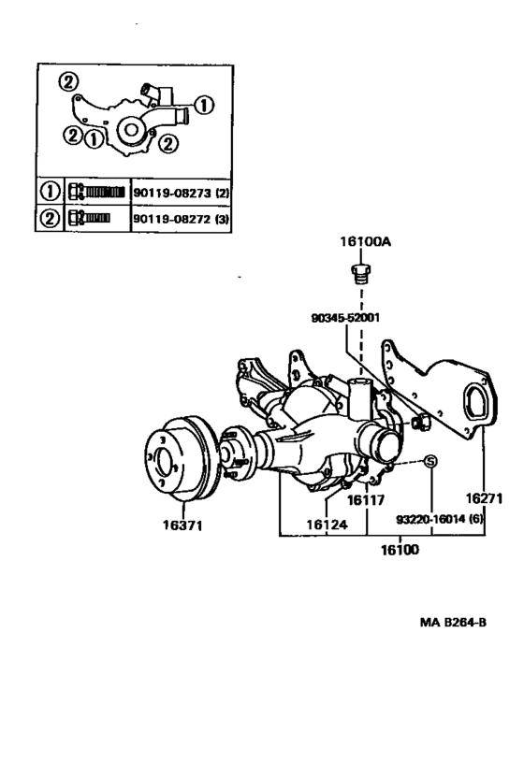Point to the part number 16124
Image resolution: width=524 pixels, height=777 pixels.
coord(327,525)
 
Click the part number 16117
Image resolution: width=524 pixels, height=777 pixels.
coord(367,499)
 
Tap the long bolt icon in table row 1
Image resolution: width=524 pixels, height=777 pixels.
coord(96,192)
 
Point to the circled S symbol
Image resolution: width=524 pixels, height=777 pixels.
coord(431,460)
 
